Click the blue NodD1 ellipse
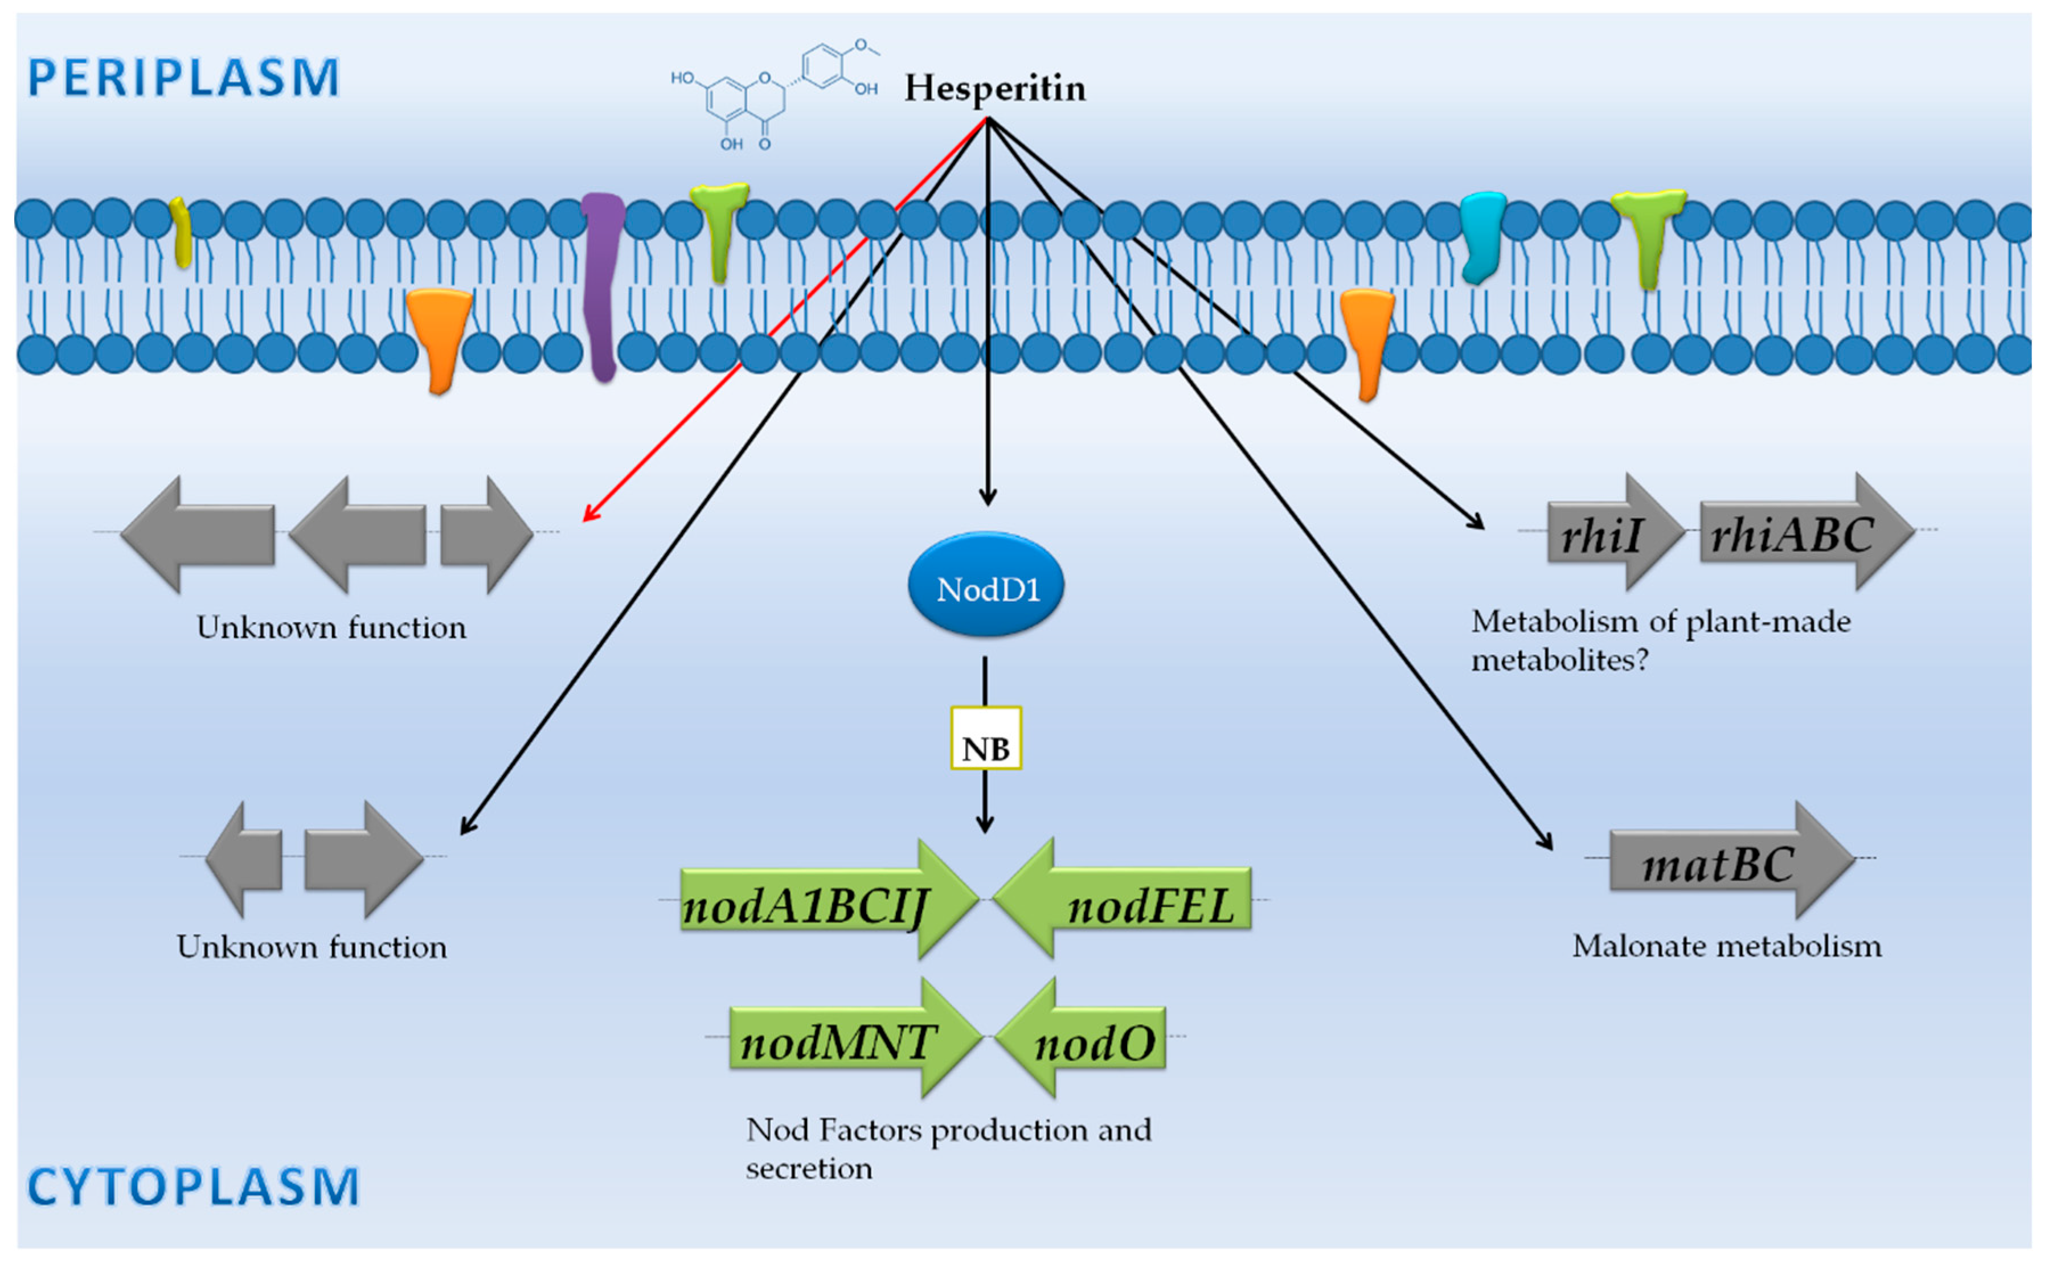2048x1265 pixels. tap(986, 586)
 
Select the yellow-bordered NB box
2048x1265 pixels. tap(986, 738)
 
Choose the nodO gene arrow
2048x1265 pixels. tap(1084, 1037)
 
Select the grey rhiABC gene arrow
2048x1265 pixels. tap(1804, 532)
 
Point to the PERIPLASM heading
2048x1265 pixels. tap(183, 78)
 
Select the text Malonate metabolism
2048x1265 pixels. tap(1726, 946)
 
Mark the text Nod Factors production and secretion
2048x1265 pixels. tap(948, 1148)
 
